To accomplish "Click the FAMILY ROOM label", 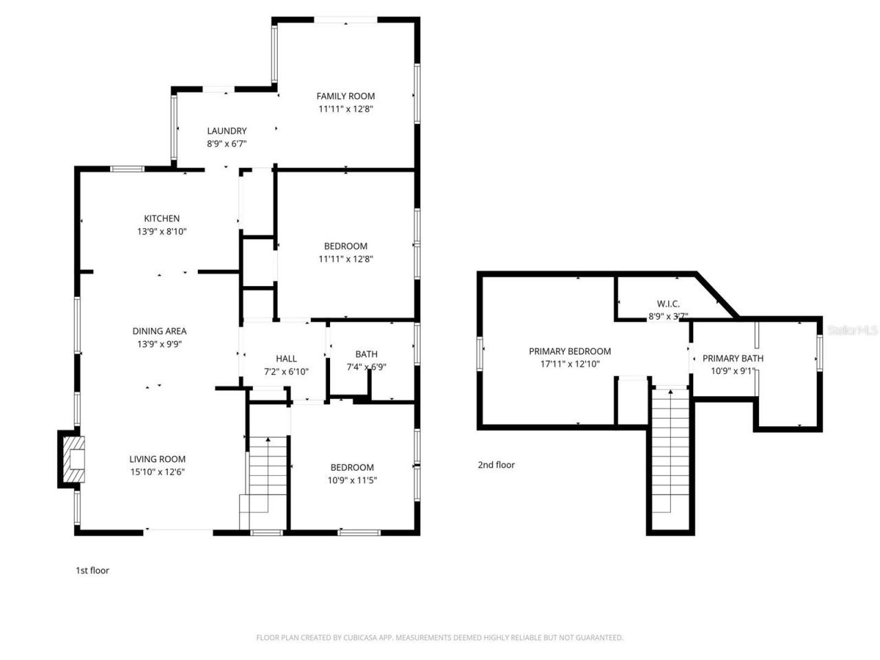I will [x=345, y=96].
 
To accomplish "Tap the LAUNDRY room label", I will [x=227, y=131].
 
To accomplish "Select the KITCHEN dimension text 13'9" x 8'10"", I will [x=162, y=232].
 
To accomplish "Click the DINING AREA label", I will [x=159, y=331].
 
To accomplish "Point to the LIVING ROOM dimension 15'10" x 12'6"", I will [x=157, y=472].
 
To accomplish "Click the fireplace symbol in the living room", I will [x=73, y=459].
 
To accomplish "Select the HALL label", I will [x=286, y=358].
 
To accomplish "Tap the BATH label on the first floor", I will [x=366, y=354].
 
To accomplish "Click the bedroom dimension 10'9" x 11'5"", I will [x=352, y=481].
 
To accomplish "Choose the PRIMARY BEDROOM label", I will [x=569, y=351].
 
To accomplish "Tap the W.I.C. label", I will [x=668, y=304].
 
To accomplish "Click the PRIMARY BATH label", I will [x=733, y=358].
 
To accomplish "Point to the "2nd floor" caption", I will [x=496, y=465].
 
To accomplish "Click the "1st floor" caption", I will [x=92, y=570].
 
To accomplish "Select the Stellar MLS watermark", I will [x=852, y=331].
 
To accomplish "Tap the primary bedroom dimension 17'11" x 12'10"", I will [x=569, y=364].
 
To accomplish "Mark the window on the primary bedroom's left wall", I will [x=481, y=353].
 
